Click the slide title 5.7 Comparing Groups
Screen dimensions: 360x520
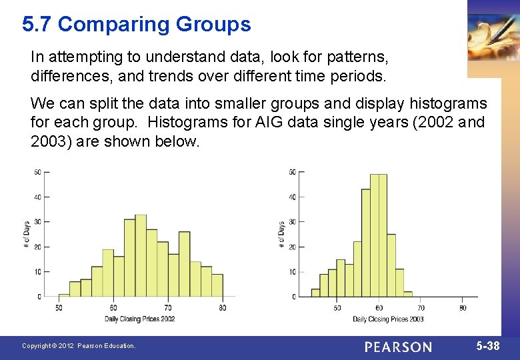coord(136,25)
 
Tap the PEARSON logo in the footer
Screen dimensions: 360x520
coord(398,347)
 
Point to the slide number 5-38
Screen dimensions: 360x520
coord(489,346)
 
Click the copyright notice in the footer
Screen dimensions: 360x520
coord(79,346)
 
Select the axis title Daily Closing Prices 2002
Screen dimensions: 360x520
coord(139,319)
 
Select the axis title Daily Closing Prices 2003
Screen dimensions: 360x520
coord(388,319)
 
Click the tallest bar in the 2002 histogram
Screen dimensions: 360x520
coord(141,256)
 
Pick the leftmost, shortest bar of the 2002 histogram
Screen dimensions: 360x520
coord(64,295)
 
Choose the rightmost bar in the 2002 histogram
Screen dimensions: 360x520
coord(217,285)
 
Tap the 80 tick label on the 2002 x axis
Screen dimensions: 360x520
coord(222,307)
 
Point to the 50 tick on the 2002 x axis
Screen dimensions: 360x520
coord(59,307)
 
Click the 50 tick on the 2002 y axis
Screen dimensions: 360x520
coord(37,173)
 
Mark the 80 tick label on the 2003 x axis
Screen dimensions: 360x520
coord(463,307)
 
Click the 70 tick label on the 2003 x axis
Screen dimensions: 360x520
coord(421,307)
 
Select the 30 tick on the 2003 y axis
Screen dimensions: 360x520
coord(292,222)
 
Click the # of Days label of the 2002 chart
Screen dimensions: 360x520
coord(27,235)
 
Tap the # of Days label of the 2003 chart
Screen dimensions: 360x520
coord(281,235)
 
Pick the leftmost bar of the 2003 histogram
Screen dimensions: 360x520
coord(315,293)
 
